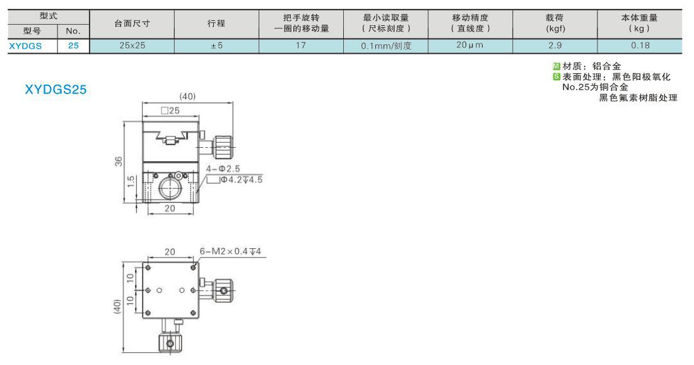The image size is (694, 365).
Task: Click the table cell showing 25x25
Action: click(x=132, y=45)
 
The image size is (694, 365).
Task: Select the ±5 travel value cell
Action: click(x=216, y=45)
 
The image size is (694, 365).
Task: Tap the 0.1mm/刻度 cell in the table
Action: click(x=386, y=45)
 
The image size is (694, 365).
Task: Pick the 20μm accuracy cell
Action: click(x=470, y=45)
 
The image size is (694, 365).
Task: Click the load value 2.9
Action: click(x=555, y=45)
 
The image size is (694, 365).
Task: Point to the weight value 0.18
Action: click(x=640, y=45)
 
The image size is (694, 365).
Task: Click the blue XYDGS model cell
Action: click(x=26, y=46)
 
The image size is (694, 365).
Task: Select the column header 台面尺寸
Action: click(x=132, y=23)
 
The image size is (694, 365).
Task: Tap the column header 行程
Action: click(x=216, y=23)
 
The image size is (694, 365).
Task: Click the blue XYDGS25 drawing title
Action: click(x=56, y=90)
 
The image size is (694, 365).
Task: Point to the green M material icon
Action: click(x=556, y=66)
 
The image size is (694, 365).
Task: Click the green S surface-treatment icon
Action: click(x=556, y=76)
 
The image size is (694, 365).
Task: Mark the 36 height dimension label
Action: click(x=119, y=162)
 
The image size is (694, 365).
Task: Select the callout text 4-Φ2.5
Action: click(x=223, y=169)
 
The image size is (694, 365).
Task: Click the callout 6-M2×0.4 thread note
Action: click(x=230, y=251)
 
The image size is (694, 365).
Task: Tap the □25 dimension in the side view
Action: click(x=170, y=111)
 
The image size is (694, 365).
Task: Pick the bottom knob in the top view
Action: click(x=170, y=343)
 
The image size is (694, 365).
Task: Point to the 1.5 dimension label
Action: click(x=131, y=182)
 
